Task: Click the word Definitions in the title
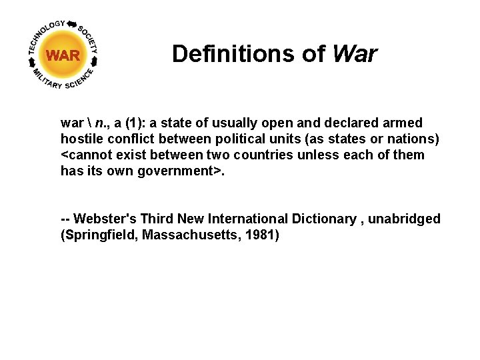point(248,53)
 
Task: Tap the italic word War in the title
point(354,53)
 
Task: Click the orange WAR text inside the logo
point(63,55)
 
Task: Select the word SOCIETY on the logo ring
point(89,39)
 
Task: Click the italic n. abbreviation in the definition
point(99,123)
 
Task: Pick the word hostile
point(80,139)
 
